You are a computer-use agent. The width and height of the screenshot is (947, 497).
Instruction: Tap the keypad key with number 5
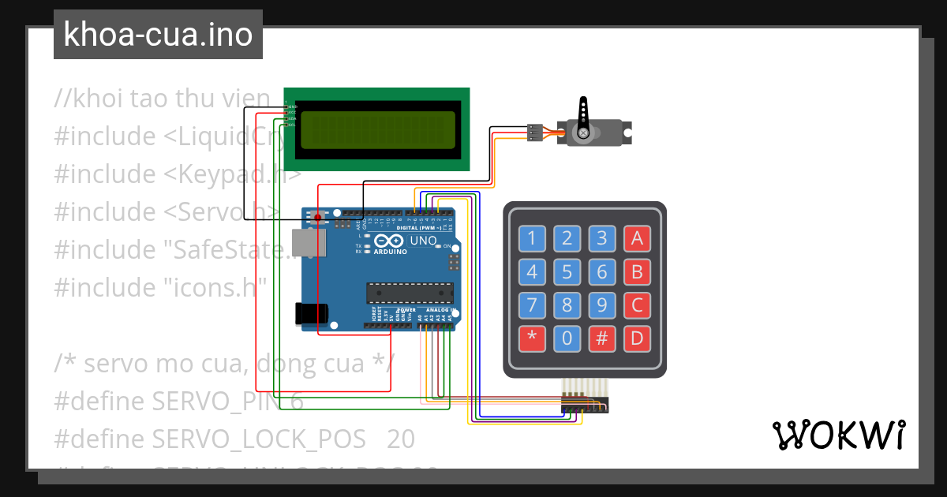click(567, 272)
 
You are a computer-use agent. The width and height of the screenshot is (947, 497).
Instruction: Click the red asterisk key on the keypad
click(532, 339)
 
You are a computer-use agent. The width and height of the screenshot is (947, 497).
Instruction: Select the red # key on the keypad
click(601, 339)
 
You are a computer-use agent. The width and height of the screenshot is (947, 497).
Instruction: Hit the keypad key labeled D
click(636, 339)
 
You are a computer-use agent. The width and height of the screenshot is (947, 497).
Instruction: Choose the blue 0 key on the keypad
click(567, 339)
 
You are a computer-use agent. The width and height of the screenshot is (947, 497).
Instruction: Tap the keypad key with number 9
click(601, 305)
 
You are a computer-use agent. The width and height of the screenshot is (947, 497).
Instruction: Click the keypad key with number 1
click(532, 237)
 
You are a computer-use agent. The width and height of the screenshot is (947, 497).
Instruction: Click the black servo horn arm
click(583, 115)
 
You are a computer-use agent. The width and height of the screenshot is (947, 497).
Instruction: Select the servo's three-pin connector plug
click(535, 133)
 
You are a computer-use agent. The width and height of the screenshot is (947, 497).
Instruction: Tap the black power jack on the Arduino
click(309, 313)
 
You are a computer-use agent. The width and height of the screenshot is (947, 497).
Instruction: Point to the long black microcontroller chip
click(410, 293)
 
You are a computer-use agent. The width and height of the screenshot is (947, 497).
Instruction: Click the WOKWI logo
click(837, 435)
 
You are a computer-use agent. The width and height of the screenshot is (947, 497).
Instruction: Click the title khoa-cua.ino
click(158, 35)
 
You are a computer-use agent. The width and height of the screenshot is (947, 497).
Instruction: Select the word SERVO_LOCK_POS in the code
click(259, 439)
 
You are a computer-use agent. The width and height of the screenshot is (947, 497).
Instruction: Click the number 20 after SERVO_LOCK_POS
click(401, 439)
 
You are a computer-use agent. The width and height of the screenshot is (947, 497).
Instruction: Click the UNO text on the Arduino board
click(423, 241)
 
